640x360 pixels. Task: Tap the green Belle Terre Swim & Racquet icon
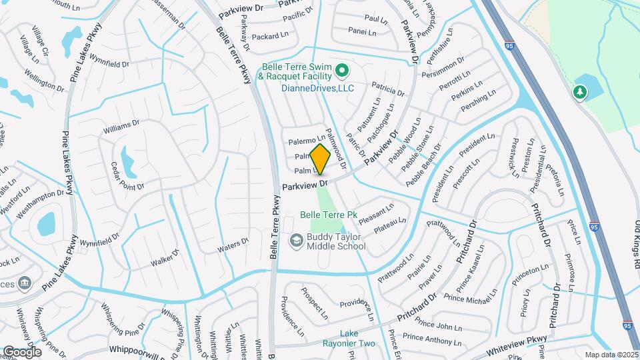point(342,69)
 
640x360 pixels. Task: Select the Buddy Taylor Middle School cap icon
point(295,239)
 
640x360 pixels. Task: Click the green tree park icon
point(580,92)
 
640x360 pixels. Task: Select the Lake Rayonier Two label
point(357,339)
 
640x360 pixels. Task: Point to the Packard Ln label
point(271,35)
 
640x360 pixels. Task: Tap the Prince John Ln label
point(437,327)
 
